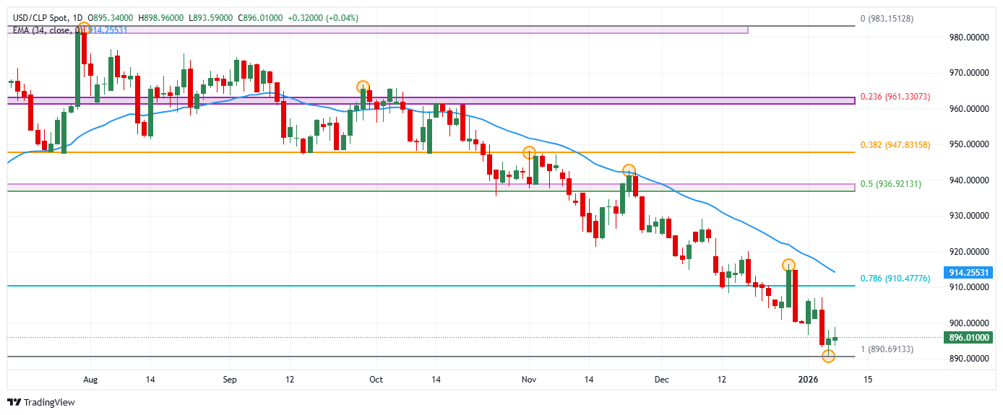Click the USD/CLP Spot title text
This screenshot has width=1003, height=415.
click(x=42, y=17)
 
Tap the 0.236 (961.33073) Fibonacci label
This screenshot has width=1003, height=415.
click(x=895, y=97)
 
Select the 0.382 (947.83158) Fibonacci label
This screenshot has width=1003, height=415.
click(x=895, y=145)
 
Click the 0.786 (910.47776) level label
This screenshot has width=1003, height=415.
click(x=895, y=279)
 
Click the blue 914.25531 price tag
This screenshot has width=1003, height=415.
click(x=967, y=273)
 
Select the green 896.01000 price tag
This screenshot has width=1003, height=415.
click(x=967, y=337)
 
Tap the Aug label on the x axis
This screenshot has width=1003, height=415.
click(x=90, y=379)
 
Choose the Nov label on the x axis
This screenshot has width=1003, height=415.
click(x=529, y=379)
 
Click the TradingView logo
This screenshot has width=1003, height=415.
click(x=41, y=402)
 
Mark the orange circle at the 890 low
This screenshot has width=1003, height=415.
click(x=828, y=356)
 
